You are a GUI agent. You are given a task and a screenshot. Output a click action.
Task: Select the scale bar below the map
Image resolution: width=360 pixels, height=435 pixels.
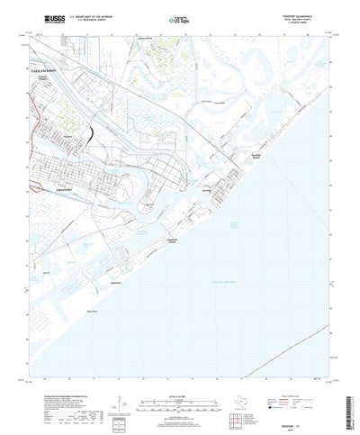coord(179,396)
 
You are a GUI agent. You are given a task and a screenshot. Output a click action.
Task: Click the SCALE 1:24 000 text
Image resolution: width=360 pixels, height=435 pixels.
coord(179,388)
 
